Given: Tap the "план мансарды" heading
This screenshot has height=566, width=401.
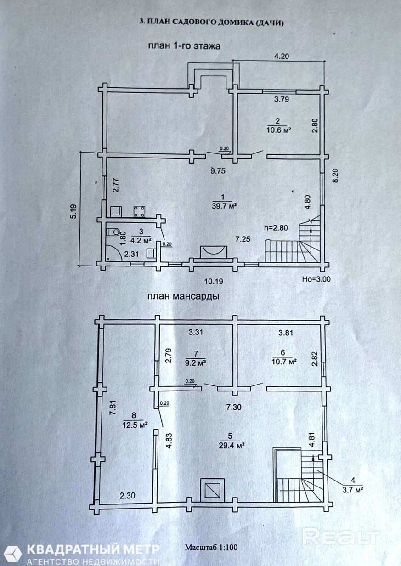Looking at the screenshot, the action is tap(183, 296).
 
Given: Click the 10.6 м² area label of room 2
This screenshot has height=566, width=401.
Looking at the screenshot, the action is tap(280, 130).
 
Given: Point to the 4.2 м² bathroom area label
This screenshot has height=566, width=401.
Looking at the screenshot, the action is tap(141, 240).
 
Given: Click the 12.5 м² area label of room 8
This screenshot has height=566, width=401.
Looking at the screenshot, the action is tap(135, 425).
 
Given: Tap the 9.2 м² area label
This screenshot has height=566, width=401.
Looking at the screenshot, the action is tap(195, 362).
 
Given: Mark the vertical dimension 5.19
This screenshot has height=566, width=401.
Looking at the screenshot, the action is tap(73, 209).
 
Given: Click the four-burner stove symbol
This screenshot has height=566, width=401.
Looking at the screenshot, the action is tap(139, 211).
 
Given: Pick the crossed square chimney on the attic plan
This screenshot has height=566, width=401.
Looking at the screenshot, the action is tap(213, 489).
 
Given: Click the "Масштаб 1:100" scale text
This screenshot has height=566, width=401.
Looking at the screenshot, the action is tap(211, 548).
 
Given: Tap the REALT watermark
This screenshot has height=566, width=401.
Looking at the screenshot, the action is tap(341, 537).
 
